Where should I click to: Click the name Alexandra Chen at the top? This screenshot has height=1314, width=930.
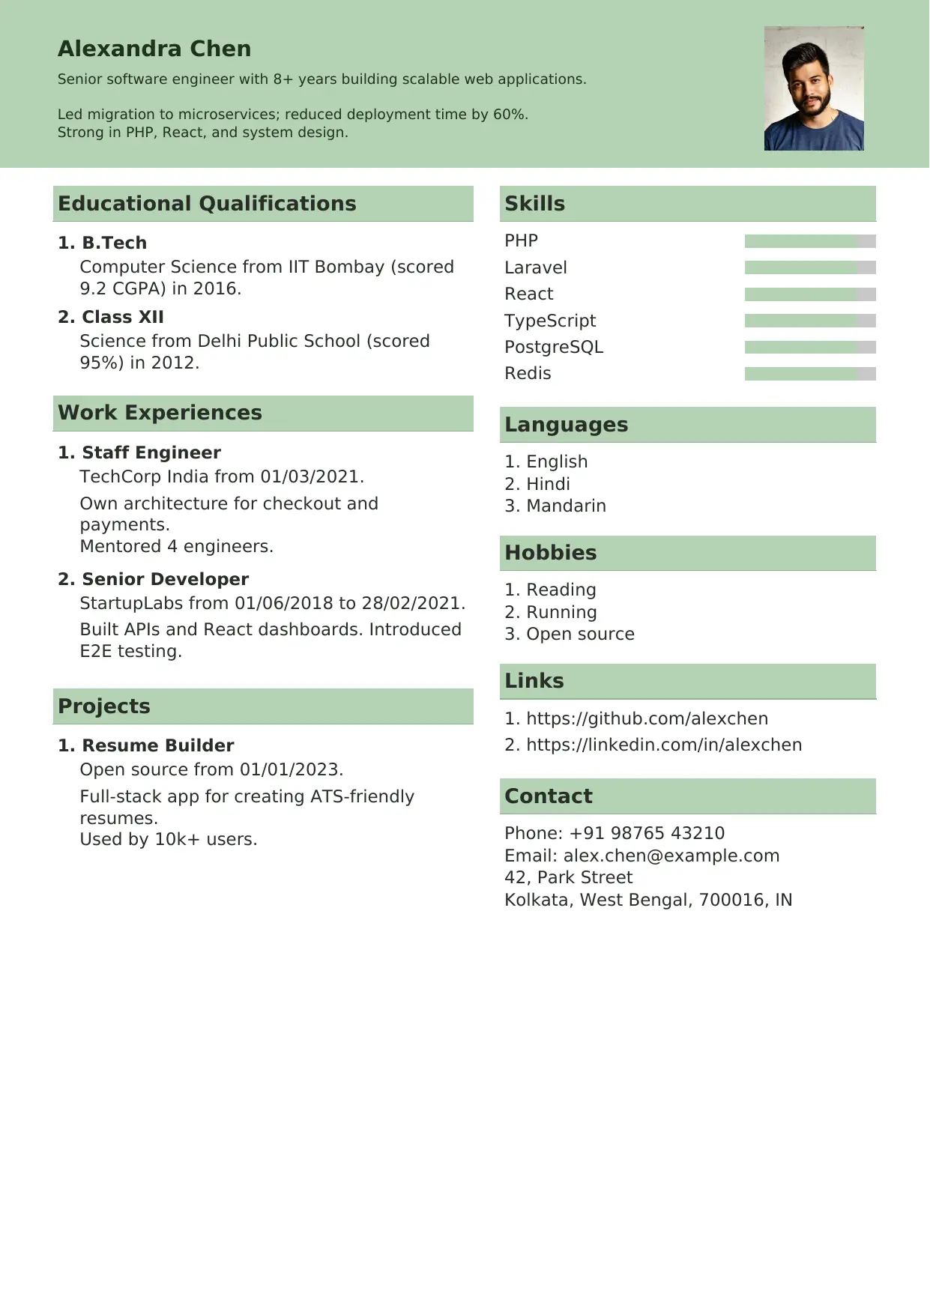tap(154, 49)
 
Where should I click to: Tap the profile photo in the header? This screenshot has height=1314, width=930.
tap(814, 88)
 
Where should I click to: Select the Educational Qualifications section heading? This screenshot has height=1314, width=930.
tap(207, 204)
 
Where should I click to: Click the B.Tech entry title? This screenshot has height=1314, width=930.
tap(114, 243)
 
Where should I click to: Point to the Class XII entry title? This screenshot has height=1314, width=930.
tap(122, 317)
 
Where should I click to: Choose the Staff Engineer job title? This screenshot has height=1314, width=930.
tap(151, 452)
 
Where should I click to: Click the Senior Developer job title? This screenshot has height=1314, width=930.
tap(165, 579)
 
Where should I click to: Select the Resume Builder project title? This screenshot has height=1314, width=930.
tap(157, 745)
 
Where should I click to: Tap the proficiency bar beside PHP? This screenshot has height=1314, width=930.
tap(809, 241)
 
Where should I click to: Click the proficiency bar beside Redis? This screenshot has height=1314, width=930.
tap(809, 374)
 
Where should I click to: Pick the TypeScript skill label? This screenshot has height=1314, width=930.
tap(550, 321)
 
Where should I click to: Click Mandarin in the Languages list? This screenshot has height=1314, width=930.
tap(566, 506)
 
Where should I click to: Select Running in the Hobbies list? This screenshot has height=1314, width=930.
tap(561, 612)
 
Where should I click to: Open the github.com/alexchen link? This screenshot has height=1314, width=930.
tap(647, 718)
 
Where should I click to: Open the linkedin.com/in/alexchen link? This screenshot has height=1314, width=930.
tap(664, 745)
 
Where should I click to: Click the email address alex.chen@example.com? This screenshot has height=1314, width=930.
tap(671, 856)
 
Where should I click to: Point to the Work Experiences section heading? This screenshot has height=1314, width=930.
tap(160, 413)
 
